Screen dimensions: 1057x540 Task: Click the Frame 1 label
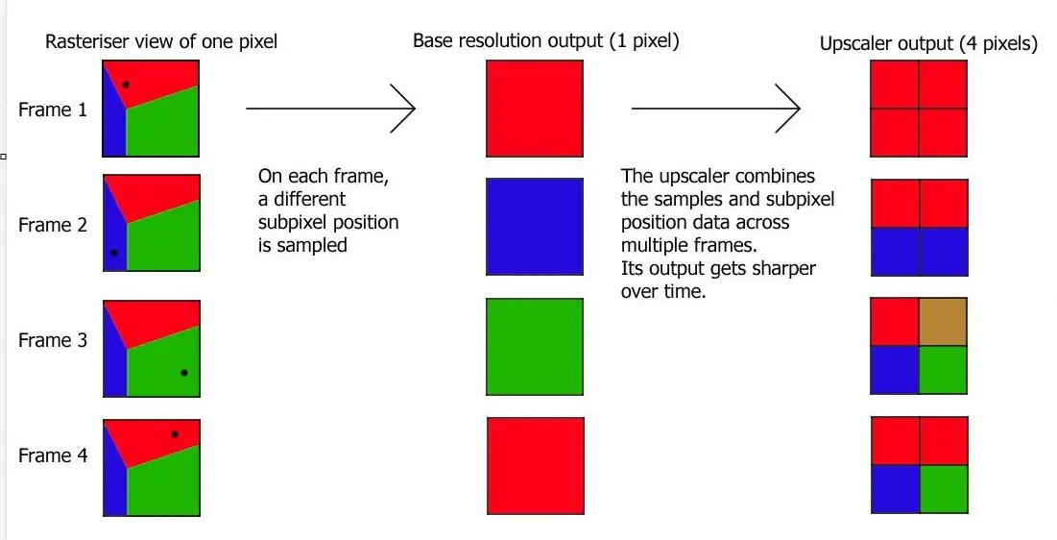point(53,110)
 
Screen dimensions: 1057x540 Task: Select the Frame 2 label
point(53,225)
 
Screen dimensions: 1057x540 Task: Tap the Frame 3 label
point(53,340)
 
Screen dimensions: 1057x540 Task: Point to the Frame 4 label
point(53,455)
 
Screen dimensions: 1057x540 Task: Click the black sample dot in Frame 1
point(126,85)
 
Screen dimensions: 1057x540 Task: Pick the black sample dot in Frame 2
point(114,253)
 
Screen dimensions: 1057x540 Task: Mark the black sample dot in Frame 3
point(184,373)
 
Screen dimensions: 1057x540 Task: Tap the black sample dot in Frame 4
point(175,434)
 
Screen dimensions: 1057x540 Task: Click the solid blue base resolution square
point(535,227)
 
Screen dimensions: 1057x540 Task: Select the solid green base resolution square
point(535,346)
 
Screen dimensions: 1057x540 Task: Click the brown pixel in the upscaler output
point(943,322)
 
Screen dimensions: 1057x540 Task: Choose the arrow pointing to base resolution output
point(330,108)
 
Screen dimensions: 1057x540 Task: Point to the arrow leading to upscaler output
point(716,108)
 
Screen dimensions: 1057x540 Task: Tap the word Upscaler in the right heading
point(853,44)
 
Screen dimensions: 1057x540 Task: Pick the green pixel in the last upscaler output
point(944,489)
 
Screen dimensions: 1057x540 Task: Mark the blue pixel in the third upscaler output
point(895,370)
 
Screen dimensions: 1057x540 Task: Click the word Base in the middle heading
point(433,40)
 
